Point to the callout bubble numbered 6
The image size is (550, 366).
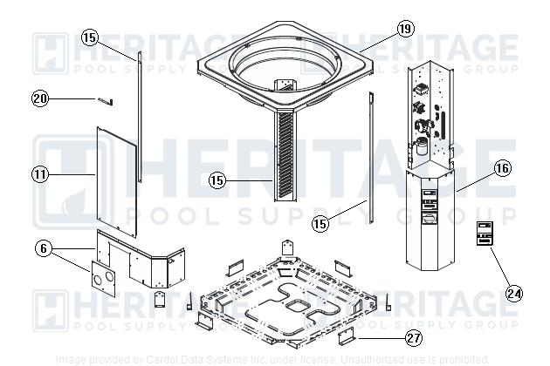(41, 247)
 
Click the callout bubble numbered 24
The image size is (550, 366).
(514, 293)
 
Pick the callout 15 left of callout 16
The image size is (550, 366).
(320, 223)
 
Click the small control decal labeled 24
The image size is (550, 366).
(486, 234)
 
